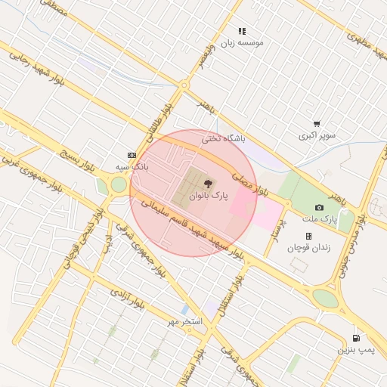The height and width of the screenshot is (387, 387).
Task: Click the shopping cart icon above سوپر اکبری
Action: point(316,124)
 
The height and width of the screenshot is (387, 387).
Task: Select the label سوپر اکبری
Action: point(316,136)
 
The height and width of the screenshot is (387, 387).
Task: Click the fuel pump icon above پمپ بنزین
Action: point(355,338)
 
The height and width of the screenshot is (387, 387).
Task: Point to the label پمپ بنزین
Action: point(355,351)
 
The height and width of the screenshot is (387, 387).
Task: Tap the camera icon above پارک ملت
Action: point(319,207)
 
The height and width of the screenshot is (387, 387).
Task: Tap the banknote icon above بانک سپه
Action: point(132,153)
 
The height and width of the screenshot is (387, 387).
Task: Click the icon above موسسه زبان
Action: point(242,31)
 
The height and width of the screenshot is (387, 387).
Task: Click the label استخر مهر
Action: point(186,322)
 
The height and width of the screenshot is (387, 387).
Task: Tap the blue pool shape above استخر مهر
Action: point(185,310)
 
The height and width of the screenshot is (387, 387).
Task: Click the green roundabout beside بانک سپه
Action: point(119,184)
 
